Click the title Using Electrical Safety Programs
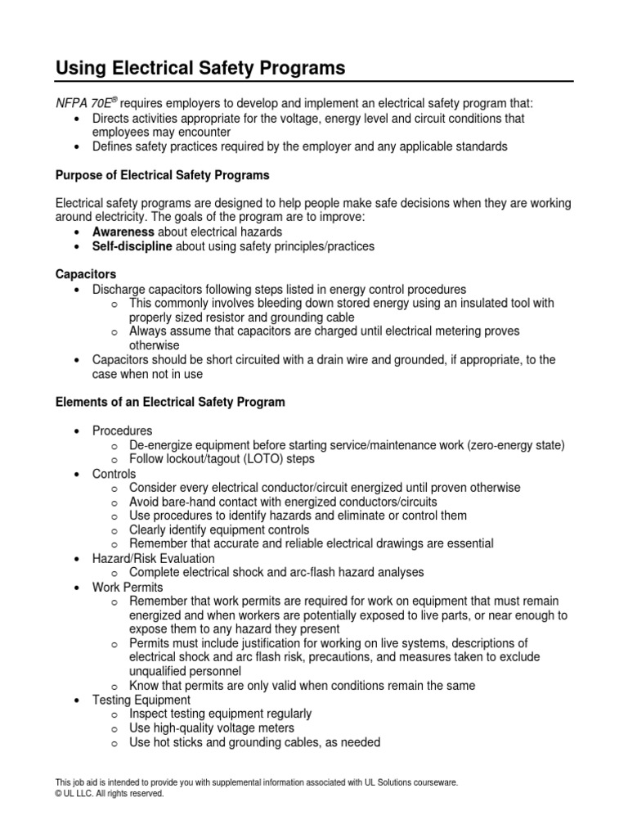(200, 69)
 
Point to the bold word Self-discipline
(132, 246)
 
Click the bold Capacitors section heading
(85, 274)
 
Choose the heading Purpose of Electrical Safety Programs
(161, 175)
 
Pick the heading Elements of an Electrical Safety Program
(169, 402)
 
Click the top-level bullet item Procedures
(122, 430)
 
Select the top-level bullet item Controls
(114, 474)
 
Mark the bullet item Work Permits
(128, 587)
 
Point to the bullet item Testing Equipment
(141, 700)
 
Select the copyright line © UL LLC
(109, 793)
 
